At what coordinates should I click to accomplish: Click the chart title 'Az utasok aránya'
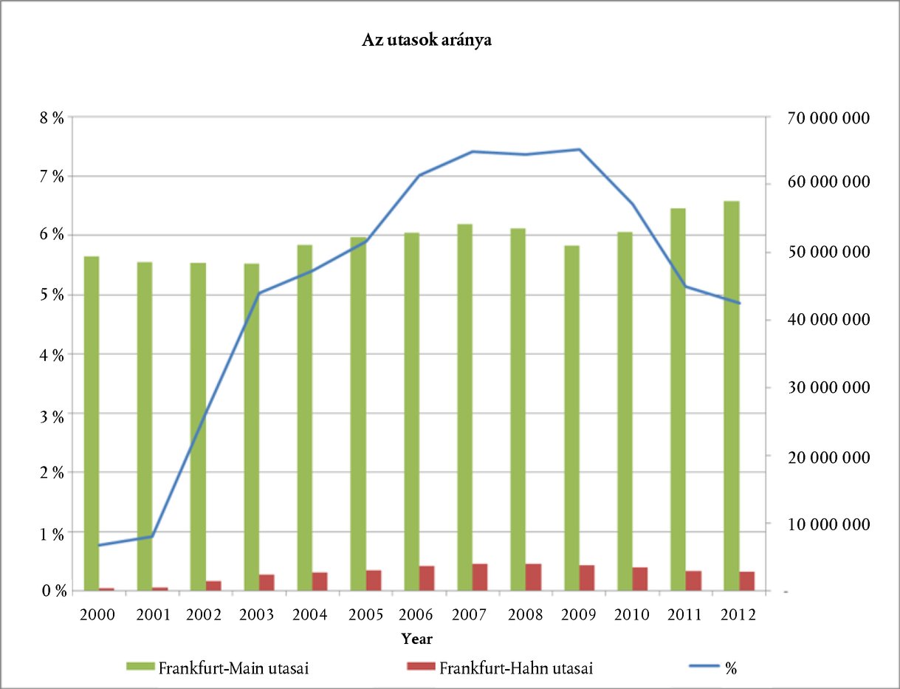click(x=426, y=41)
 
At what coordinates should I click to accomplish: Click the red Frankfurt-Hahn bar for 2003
click(x=267, y=582)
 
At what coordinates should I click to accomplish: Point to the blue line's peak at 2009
click(x=580, y=149)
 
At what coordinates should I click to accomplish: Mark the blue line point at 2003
click(x=259, y=293)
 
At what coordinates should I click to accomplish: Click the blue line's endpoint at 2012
click(x=739, y=303)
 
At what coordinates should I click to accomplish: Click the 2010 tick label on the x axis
click(x=632, y=615)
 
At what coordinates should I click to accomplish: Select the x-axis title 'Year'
click(x=417, y=638)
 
